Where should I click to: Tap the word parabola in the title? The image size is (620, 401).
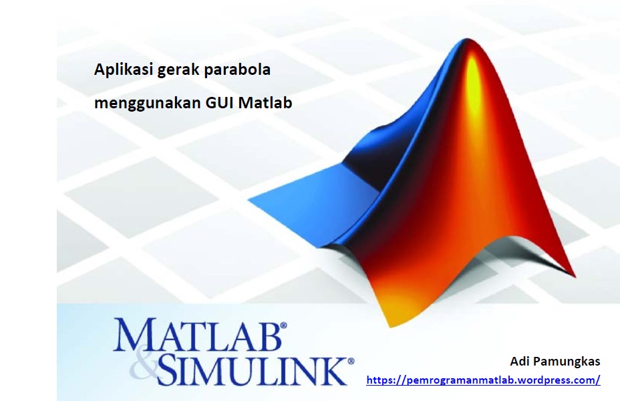(x=237, y=70)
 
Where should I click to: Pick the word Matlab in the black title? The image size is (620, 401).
(x=265, y=103)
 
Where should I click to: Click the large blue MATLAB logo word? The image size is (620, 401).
(x=197, y=335)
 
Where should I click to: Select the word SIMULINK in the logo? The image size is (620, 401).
(x=253, y=370)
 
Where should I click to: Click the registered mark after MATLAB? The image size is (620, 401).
(x=283, y=325)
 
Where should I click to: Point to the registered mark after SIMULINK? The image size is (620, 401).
(x=351, y=361)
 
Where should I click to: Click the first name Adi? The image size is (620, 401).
(x=519, y=361)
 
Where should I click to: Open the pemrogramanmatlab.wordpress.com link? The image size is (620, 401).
(x=483, y=380)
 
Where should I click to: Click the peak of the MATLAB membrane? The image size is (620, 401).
(x=468, y=39)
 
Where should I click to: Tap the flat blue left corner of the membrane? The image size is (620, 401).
(x=249, y=200)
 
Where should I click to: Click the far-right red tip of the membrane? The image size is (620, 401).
(x=575, y=275)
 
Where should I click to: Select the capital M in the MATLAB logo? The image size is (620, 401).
(x=134, y=335)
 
